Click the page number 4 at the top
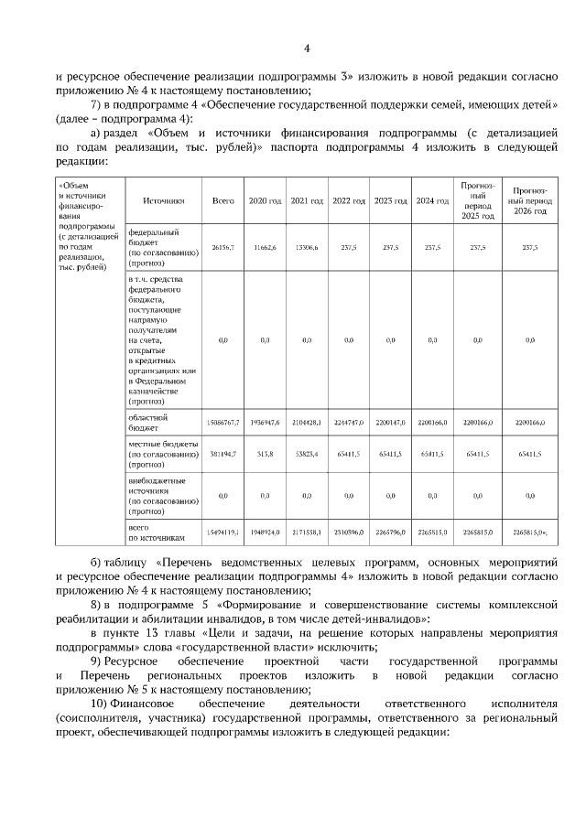click(307, 48)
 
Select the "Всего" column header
click(223, 199)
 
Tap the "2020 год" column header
click(265, 199)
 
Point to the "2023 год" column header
click(390, 199)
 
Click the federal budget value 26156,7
click(223, 247)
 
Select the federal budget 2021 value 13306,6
click(306, 247)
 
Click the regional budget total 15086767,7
click(223, 423)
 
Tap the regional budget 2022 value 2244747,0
click(348, 423)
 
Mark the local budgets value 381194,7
click(223, 453)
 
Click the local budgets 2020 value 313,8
click(265, 453)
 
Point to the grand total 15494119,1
click(223, 531)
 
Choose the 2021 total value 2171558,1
click(306, 531)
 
